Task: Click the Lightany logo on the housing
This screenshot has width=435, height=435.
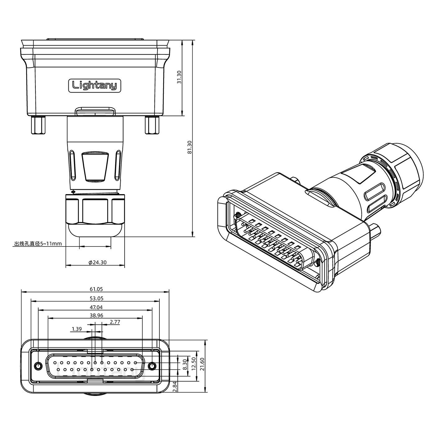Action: [94, 85]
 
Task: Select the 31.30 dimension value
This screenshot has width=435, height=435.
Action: [179, 77]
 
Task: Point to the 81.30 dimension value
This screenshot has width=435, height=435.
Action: [190, 147]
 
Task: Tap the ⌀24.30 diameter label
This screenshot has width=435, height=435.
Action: [97, 263]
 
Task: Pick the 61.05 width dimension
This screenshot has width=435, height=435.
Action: [96, 289]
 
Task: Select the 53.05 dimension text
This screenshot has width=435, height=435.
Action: [96, 298]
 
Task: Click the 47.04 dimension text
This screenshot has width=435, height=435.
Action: [96, 307]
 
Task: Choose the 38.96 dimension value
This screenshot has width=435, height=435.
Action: [96, 315]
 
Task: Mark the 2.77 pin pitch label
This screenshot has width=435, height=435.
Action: [115, 322]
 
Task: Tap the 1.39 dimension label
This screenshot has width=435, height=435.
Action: [76, 329]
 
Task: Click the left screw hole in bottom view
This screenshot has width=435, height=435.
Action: [39, 366]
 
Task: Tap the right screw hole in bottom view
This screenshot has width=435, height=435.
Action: [152, 366]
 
